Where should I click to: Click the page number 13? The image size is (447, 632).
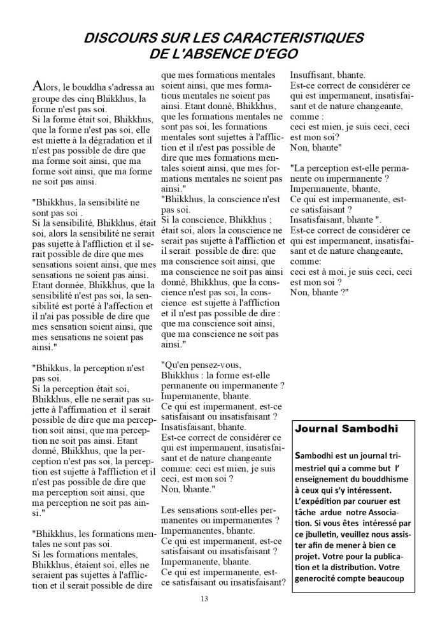pos(204,599)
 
